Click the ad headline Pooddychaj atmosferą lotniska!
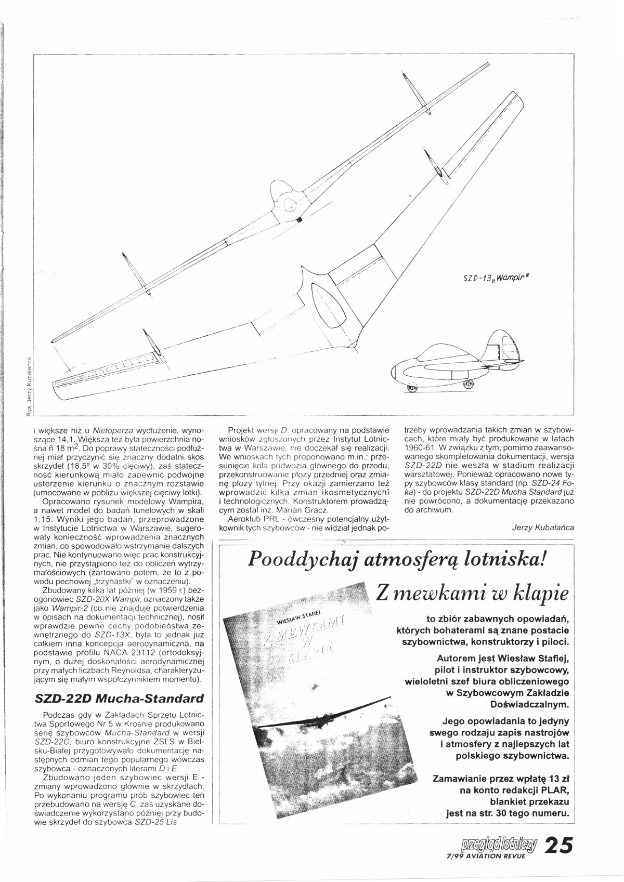pos(397,559)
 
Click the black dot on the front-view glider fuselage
pos(299,220)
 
